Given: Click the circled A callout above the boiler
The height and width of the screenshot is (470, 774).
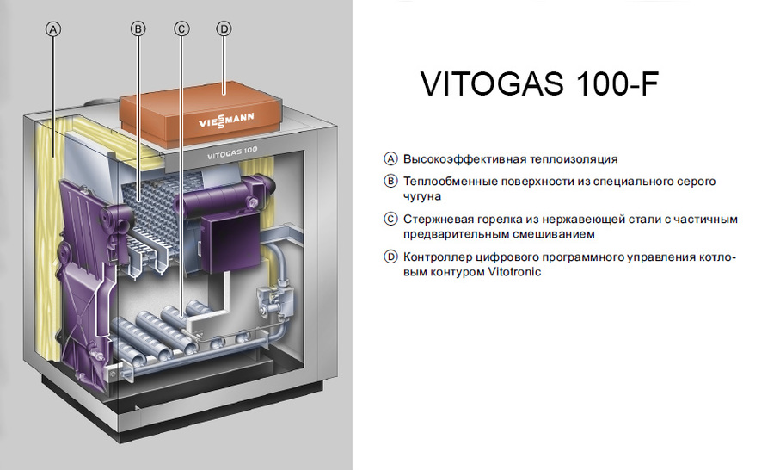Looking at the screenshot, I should click(x=53, y=28).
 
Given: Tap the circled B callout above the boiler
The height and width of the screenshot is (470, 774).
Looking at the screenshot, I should click(x=138, y=28).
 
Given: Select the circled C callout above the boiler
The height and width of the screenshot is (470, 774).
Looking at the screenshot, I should click(x=181, y=28).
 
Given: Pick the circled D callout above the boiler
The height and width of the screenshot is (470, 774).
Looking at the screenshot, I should click(x=224, y=28).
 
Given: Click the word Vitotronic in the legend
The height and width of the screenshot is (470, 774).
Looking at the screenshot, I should click(x=514, y=272).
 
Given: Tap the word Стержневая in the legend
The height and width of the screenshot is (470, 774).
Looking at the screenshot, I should click(x=435, y=220).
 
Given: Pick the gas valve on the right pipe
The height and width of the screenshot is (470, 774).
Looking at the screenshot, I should click(x=278, y=302).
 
